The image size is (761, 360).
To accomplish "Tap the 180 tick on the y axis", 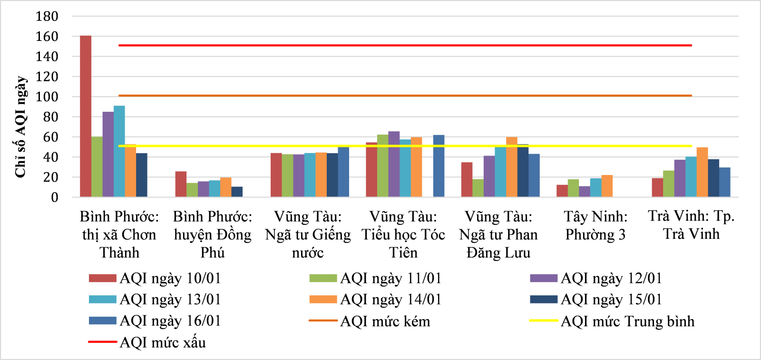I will pyautogui.click(x=47, y=16).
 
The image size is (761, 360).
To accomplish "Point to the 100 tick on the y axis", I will pyautogui.click(x=47, y=97).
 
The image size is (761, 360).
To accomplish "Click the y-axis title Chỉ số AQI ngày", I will pyautogui.click(x=20, y=126).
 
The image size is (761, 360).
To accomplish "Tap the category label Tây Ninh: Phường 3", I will pyautogui.click(x=595, y=225).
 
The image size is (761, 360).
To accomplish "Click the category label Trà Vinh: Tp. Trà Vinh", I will pyautogui.click(x=691, y=225).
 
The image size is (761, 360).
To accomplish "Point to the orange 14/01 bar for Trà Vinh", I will pyautogui.click(x=702, y=172).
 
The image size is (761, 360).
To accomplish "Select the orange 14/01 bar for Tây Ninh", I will pyautogui.click(x=607, y=186).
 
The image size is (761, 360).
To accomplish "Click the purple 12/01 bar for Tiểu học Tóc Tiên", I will pyautogui.click(x=394, y=164).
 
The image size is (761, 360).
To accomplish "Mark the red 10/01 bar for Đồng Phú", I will pyautogui.click(x=181, y=184).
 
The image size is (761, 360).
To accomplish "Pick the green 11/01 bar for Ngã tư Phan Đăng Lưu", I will pyautogui.click(x=478, y=188).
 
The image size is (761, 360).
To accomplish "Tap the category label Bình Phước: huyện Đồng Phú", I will pyautogui.click(x=213, y=234).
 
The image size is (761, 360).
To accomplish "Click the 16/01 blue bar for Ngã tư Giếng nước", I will pyautogui.click(x=343, y=172).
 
